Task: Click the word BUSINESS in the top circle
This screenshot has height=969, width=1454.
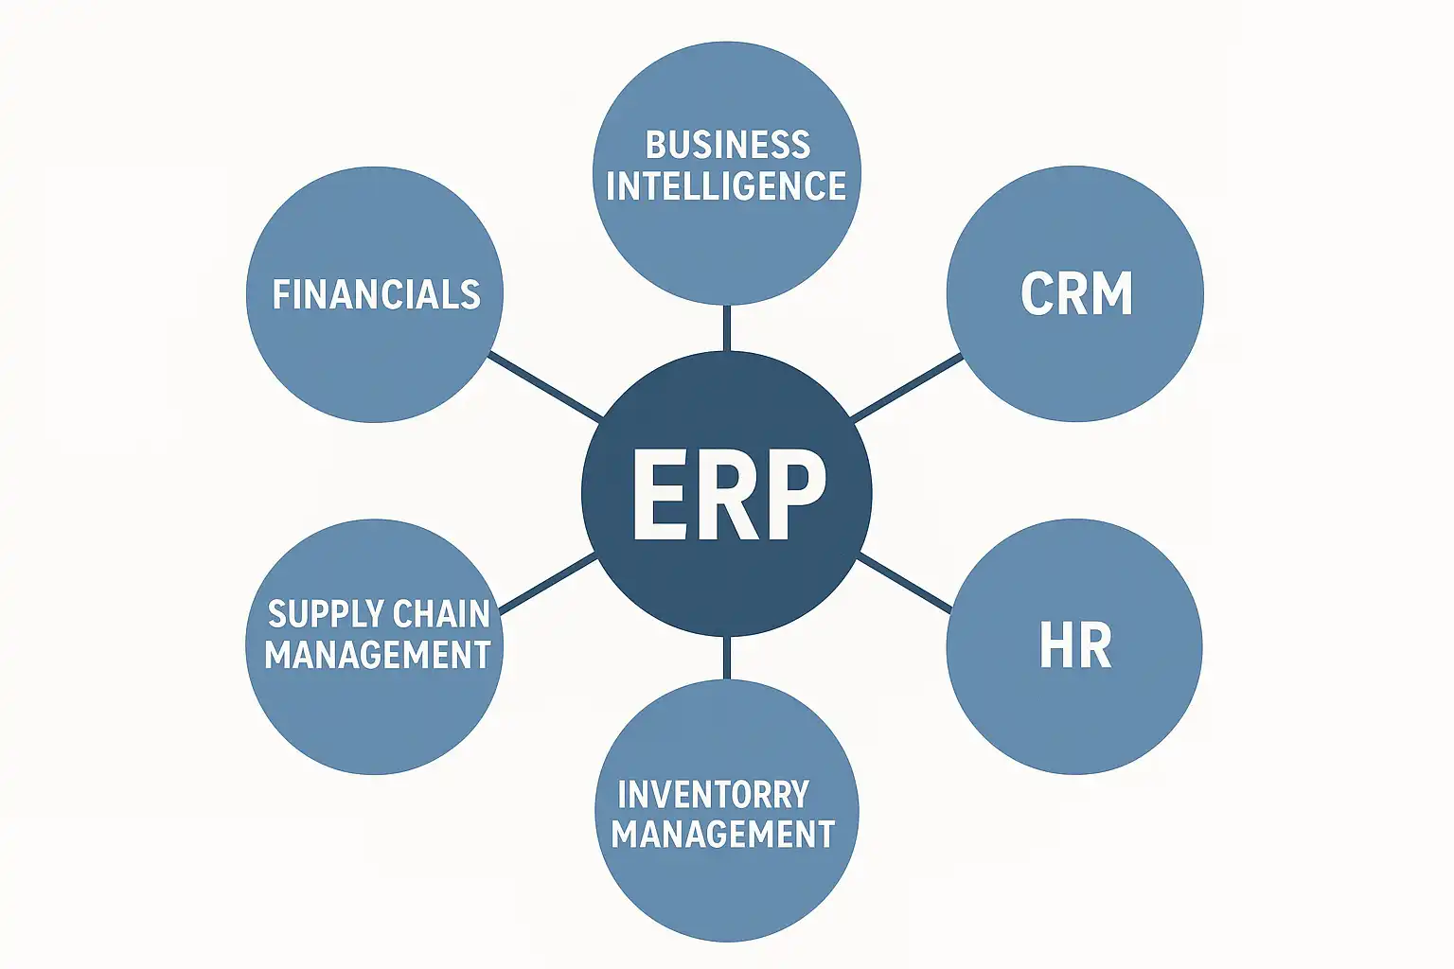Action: click(x=727, y=145)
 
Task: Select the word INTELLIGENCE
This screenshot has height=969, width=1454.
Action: click(x=726, y=185)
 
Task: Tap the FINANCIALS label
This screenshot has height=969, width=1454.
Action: click(x=376, y=294)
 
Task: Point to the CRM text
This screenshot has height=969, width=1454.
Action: click(x=1076, y=293)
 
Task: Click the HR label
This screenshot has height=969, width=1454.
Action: click(x=1074, y=646)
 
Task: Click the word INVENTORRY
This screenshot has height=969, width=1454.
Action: click(x=713, y=794)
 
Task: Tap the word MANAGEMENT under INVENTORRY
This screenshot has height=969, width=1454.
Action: click(x=722, y=834)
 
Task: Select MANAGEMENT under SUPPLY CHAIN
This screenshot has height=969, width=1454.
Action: click(x=377, y=655)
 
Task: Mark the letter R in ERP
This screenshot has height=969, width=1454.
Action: click(x=727, y=494)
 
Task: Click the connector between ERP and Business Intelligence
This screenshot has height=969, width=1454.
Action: click(x=726, y=327)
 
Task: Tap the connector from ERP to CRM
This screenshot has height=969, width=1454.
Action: click(x=907, y=386)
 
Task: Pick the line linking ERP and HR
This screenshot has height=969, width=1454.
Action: click(x=905, y=583)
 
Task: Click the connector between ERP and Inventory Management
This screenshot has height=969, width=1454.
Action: click(x=726, y=658)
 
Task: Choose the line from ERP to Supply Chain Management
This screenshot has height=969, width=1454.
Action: click(x=547, y=583)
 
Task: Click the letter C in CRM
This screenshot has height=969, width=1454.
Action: click(x=1037, y=293)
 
